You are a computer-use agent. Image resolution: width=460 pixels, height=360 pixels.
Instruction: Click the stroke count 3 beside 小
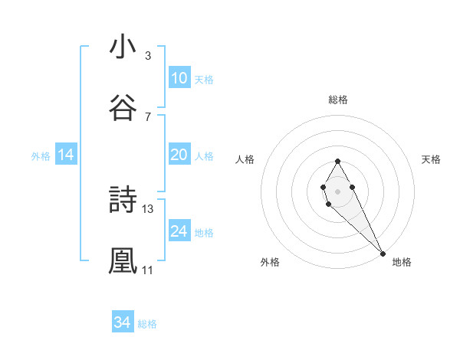pyautogui.click(x=148, y=56)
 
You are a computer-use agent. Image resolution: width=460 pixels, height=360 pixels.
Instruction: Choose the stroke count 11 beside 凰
pyautogui.click(x=148, y=270)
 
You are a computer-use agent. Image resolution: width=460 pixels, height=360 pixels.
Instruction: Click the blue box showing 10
pyautogui.click(x=179, y=78)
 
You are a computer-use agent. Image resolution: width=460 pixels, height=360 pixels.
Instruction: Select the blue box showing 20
pyautogui.click(x=179, y=155)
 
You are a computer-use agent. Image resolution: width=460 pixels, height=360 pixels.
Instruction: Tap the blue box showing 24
pyautogui.click(x=179, y=231)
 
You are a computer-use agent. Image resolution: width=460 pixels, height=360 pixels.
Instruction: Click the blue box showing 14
pyautogui.click(x=66, y=155)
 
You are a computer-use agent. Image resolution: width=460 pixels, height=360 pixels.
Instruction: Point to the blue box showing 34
pyautogui.click(x=123, y=322)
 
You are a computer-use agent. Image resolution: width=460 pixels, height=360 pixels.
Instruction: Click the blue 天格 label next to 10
pyautogui.click(x=204, y=80)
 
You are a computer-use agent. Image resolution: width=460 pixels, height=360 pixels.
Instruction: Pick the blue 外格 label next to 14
pyautogui.click(x=41, y=156)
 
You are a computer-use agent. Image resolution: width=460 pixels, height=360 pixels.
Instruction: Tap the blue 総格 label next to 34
pyautogui.click(x=147, y=324)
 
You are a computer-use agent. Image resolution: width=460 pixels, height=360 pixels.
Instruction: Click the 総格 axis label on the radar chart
pyautogui.click(x=337, y=100)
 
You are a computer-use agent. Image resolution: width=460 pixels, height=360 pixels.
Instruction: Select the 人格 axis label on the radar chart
pyautogui.click(x=245, y=159)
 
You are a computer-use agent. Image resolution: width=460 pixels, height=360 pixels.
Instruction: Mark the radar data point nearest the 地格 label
pyautogui.click(x=383, y=254)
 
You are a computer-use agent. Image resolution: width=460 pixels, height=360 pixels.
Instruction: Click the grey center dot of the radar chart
pyautogui.click(x=337, y=190)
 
